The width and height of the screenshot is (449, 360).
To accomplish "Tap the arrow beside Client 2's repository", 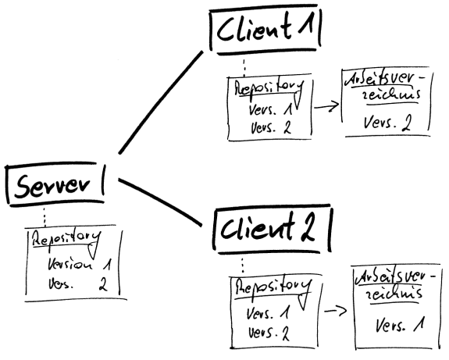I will click(x=334, y=312).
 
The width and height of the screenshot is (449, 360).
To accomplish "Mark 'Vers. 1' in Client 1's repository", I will click(x=269, y=110).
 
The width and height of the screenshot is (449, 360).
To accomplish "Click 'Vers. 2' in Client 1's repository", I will click(x=269, y=127).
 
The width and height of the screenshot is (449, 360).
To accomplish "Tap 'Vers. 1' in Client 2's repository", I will click(x=269, y=313).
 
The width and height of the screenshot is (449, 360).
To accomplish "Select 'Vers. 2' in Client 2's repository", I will click(x=269, y=333).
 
